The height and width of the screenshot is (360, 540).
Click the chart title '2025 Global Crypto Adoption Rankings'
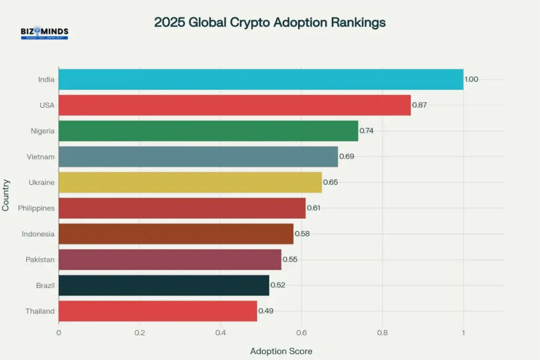[269, 23]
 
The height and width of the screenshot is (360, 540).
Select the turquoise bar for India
[261, 80]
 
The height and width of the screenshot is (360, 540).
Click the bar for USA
[234, 105]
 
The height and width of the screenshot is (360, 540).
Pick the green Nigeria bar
[208, 131]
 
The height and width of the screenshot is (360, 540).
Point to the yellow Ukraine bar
[190, 182]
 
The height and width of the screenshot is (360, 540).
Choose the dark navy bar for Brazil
[163, 285]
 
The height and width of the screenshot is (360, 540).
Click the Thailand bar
[157, 311]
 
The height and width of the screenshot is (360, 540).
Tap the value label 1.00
[471, 80]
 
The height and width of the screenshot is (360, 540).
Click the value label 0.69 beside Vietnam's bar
[346, 157]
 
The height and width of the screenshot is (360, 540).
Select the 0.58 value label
[302, 233]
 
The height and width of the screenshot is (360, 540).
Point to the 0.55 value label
[290, 259]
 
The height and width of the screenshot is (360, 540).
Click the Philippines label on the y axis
[36, 208]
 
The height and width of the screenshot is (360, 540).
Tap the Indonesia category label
[38, 234]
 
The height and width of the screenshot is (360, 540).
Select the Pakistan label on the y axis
[40, 259]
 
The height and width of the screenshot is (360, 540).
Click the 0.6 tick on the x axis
[301, 333]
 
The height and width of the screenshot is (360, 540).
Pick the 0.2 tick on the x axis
[139, 333]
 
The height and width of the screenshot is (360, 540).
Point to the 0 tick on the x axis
[59, 333]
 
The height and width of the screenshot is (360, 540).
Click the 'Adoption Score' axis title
[281, 351]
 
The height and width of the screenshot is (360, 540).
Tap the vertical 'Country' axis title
[6, 195]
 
